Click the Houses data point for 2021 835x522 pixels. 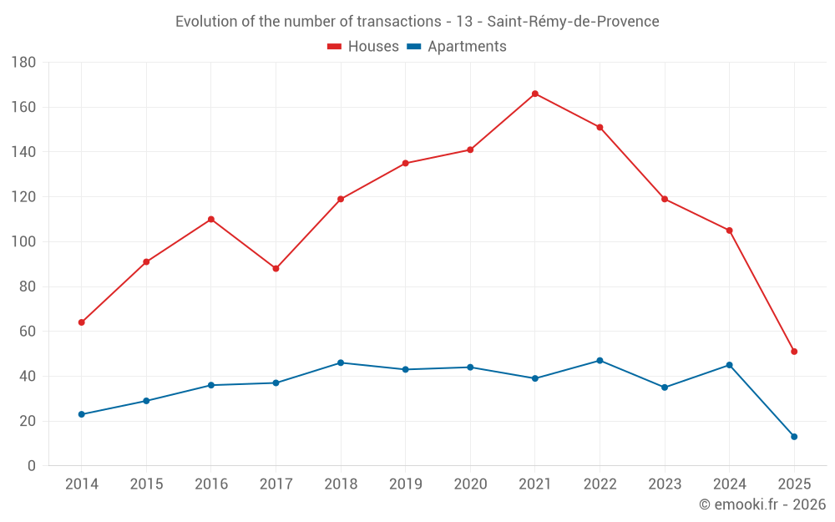pos(535,94)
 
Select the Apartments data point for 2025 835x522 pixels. pos(794,437)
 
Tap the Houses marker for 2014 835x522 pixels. pos(81,322)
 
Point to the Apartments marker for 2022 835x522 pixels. pos(600,361)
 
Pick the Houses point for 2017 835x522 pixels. pos(276,269)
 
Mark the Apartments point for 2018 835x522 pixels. pos(341,362)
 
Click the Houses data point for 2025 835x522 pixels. pos(794,352)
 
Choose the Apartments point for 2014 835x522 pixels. pos(81,414)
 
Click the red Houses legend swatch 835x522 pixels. pos(335,47)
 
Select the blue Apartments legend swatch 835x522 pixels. pos(413,47)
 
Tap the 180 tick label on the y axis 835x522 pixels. pos(23,63)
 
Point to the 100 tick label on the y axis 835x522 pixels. pos(23,242)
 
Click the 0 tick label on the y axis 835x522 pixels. pos(31,466)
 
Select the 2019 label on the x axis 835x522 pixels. pos(406,484)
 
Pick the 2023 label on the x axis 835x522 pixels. pos(665,484)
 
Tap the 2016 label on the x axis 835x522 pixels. pos(211,484)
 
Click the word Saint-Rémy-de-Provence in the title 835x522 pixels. pos(573,22)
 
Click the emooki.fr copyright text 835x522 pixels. pos(762,504)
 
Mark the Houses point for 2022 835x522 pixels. pos(600,127)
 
